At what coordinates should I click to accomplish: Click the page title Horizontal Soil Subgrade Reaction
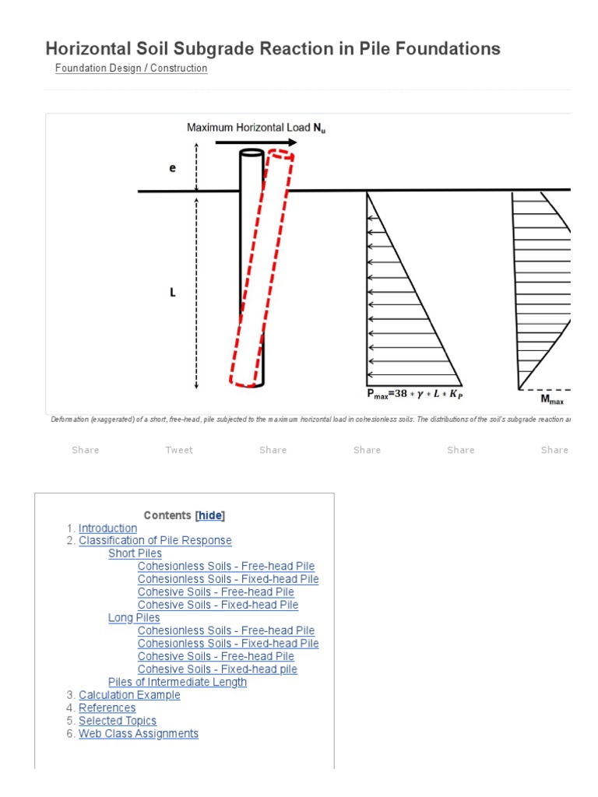click(x=273, y=49)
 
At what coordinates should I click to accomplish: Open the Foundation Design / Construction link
click(x=131, y=68)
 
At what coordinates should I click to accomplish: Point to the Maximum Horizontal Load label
click(x=256, y=128)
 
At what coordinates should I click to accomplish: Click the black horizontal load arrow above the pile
click(x=256, y=142)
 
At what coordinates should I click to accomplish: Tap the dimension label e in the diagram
click(x=173, y=168)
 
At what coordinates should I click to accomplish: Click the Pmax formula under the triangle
click(x=413, y=394)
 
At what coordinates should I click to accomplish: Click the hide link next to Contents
click(x=210, y=515)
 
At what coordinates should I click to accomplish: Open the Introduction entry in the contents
click(x=107, y=528)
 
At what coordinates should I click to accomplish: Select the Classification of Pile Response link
click(x=155, y=541)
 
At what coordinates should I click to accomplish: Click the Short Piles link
click(x=135, y=553)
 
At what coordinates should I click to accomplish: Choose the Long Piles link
click(x=134, y=618)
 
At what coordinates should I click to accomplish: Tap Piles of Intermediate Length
click(x=178, y=683)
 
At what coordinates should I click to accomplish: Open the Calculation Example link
click(x=129, y=695)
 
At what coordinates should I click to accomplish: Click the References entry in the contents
click(x=107, y=708)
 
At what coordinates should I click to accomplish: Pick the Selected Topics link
click(x=118, y=721)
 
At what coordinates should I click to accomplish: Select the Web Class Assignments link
click(x=139, y=734)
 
